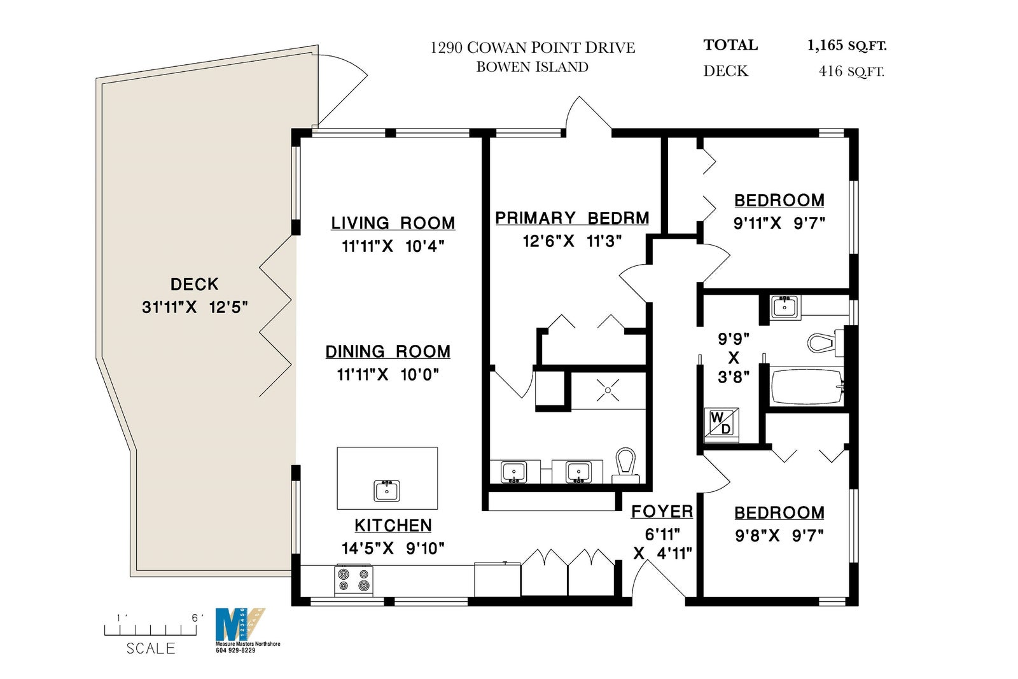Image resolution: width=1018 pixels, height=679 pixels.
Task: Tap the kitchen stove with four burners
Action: click(x=354, y=581)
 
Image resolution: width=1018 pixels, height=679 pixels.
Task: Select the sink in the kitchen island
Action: click(x=387, y=491)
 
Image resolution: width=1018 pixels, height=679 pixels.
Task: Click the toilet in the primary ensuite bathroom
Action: click(x=626, y=465)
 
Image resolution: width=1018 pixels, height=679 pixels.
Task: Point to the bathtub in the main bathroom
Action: click(x=807, y=387)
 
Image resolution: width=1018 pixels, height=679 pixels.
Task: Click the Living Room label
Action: click(x=393, y=223)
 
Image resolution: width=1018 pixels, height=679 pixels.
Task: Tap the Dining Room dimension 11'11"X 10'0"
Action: click(x=387, y=374)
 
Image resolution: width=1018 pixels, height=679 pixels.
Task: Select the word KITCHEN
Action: click(x=393, y=526)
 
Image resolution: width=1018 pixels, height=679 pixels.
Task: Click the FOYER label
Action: click(x=662, y=512)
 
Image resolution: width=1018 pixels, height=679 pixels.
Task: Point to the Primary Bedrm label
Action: click(x=572, y=218)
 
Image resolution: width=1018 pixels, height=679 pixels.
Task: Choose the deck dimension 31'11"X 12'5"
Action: click(x=195, y=307)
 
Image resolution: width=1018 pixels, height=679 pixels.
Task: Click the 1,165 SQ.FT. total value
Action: click(x=847, y=45)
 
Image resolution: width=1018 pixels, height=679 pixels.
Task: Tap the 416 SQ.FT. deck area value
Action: click(x=851, y=71)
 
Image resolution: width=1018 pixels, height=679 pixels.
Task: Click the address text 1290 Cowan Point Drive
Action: click(x=533, y=48)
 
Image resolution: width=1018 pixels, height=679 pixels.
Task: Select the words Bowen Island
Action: click(x=532, y=67)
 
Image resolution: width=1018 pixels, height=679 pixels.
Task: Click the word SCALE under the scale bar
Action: click(x=151, y=648)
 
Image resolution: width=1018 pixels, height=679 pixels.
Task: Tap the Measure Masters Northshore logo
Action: click(x=241, y=624)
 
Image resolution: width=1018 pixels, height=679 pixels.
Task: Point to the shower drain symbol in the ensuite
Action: click(x=608, y=390)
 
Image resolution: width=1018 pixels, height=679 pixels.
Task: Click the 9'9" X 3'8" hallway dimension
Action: click(x=734, y=358)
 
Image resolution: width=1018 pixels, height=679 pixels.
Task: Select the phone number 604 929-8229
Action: click(x=235, y=650)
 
